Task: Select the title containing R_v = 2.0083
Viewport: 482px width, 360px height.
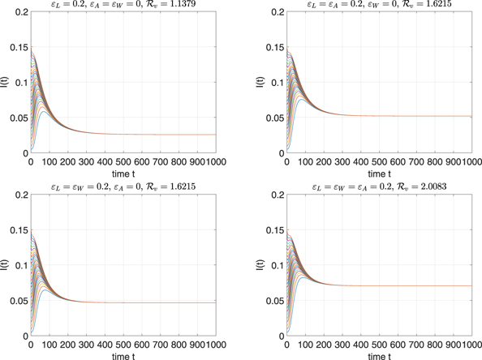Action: [383, 186]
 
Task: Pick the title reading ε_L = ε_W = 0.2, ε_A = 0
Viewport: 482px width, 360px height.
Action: [128, 186]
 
